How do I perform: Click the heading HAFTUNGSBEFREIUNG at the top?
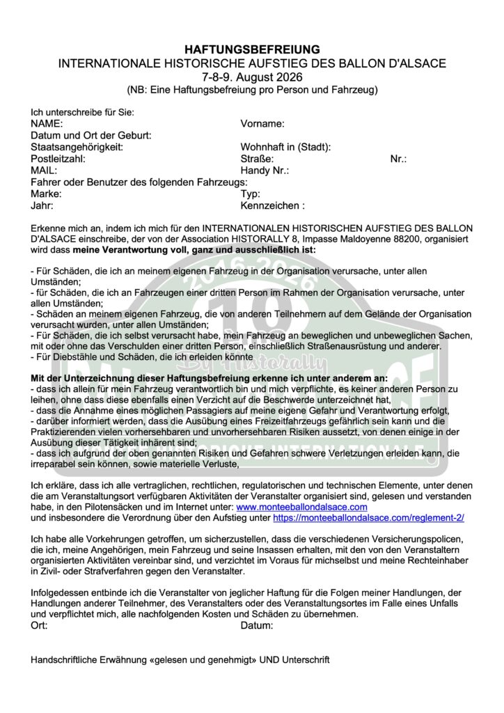click(x=252, y=49)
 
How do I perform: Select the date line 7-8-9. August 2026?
click(x=252, y=77)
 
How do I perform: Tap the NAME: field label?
click(x=47, y=124)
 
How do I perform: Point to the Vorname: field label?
click(x=262, y=124)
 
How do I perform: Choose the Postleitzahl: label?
click(x=58, y=159)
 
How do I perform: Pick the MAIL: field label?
click(x=44, y=170)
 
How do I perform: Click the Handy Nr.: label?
click(x=265, y=170)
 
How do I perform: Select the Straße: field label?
click(x=258, y=159)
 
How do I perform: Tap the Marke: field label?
click(x=46, y=194)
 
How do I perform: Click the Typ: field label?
click(x=251, y=194)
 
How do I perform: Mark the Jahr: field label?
click(x=42, y=205)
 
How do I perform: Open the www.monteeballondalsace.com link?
click(x=301, y=508)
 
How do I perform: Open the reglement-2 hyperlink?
click(x=368, y=519)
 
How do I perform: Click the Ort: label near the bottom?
click(x=40, y=625)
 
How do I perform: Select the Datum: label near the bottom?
click(x=257, y=625)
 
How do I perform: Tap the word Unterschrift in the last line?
click(x=302, y=659)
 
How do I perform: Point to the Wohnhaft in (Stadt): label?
click(x=285, y=147)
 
